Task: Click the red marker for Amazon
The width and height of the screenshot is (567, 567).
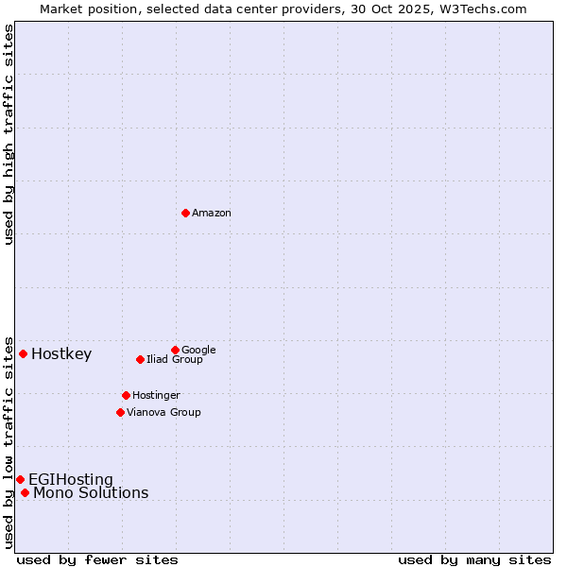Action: point(185,213)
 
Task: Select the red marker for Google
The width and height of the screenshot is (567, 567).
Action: point(175,350)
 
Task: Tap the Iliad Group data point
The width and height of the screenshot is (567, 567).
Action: point(140,359)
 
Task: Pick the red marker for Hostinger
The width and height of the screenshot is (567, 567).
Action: point(126,395)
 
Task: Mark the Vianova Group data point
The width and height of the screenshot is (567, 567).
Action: point(120,412)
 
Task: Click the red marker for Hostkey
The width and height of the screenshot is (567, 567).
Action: point(23,353)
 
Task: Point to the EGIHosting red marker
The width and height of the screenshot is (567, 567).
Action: point(20,479)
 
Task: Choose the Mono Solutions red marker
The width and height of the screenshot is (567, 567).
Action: point(25,492)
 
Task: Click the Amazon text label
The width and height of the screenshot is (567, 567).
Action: point(212,214)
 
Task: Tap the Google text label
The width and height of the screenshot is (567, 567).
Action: point(198,351)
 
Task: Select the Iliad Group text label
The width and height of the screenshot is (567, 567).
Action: point(175,360)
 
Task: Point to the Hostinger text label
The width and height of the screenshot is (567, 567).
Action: point(156,396)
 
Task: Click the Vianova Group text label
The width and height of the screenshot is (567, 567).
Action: point(163,413)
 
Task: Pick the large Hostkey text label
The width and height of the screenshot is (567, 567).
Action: point(61,354)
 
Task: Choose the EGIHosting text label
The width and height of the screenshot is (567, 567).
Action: point(71,480)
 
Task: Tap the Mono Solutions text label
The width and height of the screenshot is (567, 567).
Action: point(91,493)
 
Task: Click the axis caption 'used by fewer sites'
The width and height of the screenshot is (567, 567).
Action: point(97,559)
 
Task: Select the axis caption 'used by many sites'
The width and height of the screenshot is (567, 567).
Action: point(474,559)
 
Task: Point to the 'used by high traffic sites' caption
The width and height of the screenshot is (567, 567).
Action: point(9,134)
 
